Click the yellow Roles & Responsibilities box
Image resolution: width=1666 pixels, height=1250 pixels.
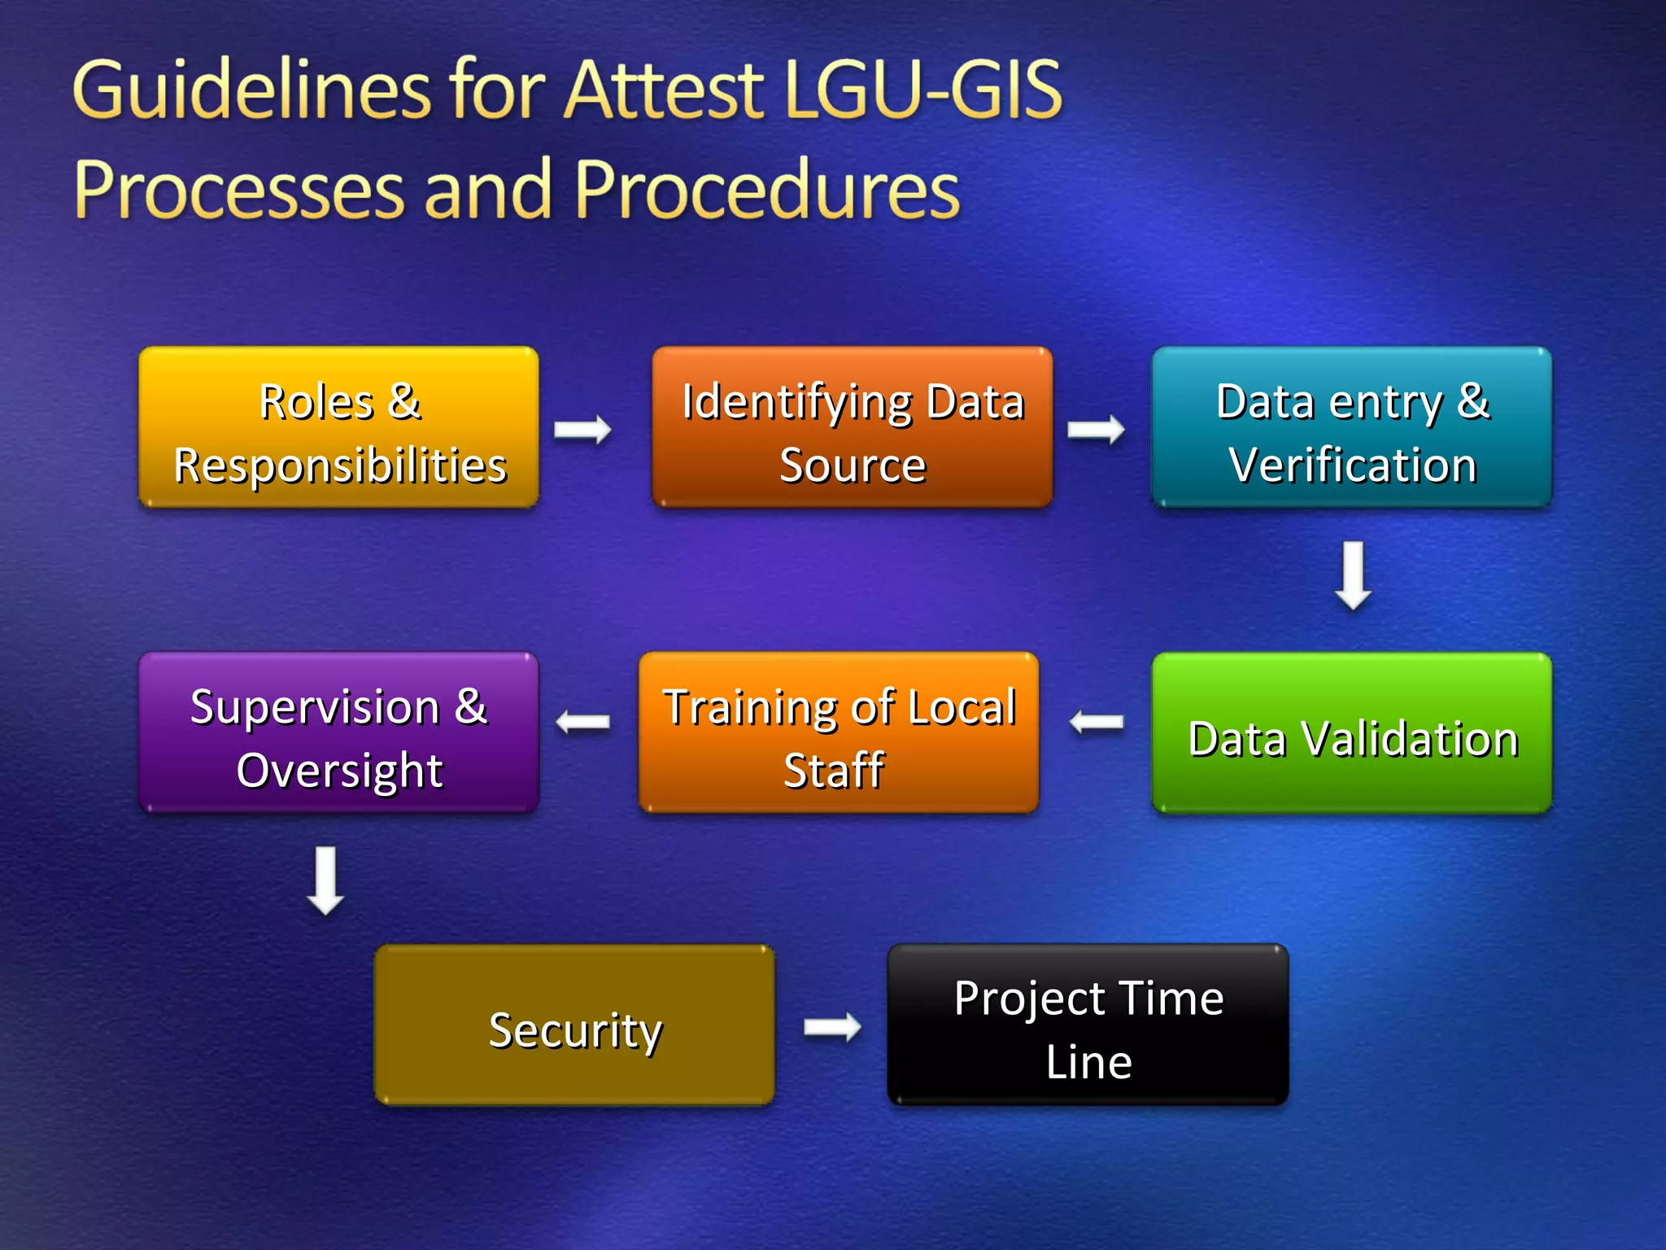click(338, 428)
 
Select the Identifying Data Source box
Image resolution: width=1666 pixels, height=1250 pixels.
click(852, 428)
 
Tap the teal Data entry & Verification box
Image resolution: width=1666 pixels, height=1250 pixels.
click(1351, 428)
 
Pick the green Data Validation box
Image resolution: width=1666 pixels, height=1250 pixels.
click(1351, 733)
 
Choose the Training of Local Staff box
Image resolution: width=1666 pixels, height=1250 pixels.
click(839, 733)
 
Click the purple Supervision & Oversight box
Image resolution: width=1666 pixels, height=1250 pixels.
click(338, 733)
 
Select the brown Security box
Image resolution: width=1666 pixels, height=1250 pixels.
click(574, 1025)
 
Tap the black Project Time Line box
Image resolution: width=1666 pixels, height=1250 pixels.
click(1088, 1025)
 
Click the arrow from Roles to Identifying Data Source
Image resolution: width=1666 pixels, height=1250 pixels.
click(582, 429)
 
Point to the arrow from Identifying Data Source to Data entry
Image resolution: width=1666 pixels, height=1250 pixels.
click(1096, 429)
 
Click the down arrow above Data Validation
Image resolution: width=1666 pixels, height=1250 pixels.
click(1353, 575)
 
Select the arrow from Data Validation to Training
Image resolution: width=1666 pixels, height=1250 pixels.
click(1096, 722)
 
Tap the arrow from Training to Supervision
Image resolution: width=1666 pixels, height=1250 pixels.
click(582, 722)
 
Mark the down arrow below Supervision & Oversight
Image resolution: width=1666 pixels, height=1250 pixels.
click(325, 881)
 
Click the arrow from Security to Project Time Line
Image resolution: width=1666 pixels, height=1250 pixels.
click(832, 1027)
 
